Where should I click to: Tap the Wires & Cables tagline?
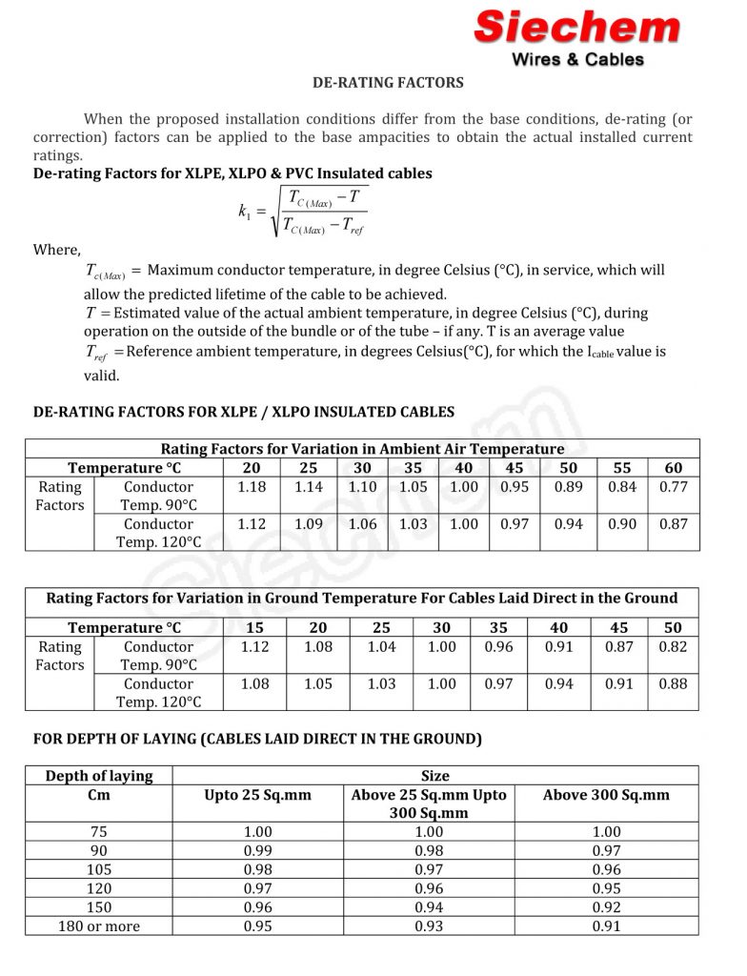pyautogui.click(x=578, y=59)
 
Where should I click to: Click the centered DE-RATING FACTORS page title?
pyautogui.click(x=388, y=83)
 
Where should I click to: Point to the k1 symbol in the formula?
pyautogui.click(x=244, y=212)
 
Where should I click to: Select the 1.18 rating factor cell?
pyautogui.click(x=252, y=487)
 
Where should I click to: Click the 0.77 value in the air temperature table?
pyautogui.click(x=673, y=487)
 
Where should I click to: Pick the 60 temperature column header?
pyautogui.click(x=673, y=468)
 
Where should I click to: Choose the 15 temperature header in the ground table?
pyautogui.click(x=254, y=628)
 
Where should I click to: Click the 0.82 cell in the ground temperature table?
pyautogui.click(x=673, y=647)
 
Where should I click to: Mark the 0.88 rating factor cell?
pyautogui.click(x=673, y=684)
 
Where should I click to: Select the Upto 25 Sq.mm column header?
pyautogui.click(x=258, y=795)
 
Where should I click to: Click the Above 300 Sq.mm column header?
pyautogui.click(x=606, y=795)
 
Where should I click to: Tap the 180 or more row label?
pyautogui.click(x=99, y=926)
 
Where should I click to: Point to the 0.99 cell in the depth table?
pyautogui.click(x=258, y=850)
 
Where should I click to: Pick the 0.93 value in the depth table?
pyautogui.click(x=430, y=926)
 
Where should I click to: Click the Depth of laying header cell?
pyautogui.click(x=99, y=776)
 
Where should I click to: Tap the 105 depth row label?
pyautogui.click(x=99, y=869)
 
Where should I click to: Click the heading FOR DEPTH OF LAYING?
pyautogui.click(x=257, y=739)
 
